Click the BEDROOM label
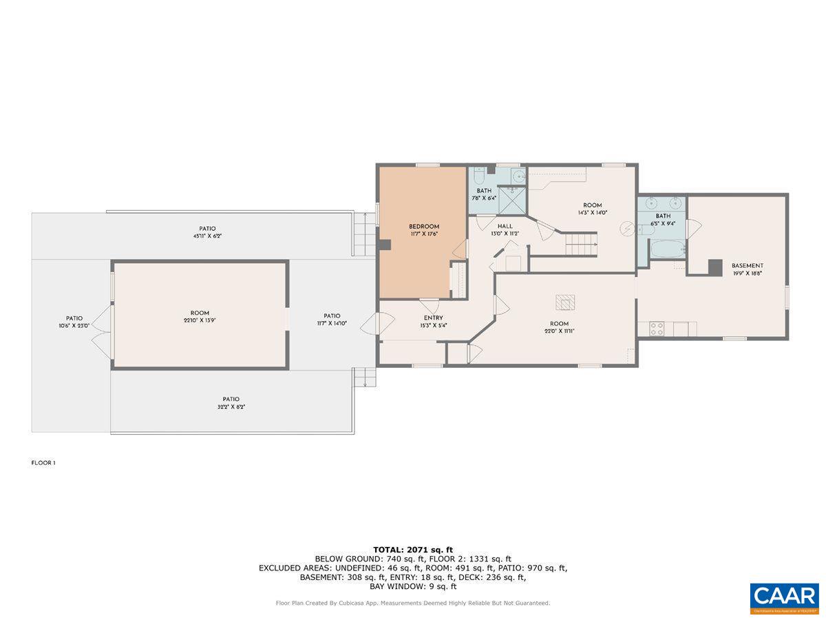[x=423, y=227]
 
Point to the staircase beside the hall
[x=582, y=242]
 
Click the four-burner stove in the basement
[x=657, y=329]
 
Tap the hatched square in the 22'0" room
[x=565, y=302]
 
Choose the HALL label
[x=505, y=226]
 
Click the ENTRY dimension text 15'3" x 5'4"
[x=433, y=325]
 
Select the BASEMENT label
[x=747, y=265]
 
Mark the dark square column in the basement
[x=716, y=267]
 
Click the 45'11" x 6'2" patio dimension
[x=207, y=236]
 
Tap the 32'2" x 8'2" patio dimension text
[x=231, y=406]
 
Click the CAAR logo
[x=784, y=597]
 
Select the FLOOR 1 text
[x=43, y=463]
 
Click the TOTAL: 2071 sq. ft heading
[x=412, y=549]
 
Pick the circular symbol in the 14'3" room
[x=627, y=227]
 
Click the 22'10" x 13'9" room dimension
[x=200, y=320]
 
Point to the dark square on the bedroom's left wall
[x=385, y=244]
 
